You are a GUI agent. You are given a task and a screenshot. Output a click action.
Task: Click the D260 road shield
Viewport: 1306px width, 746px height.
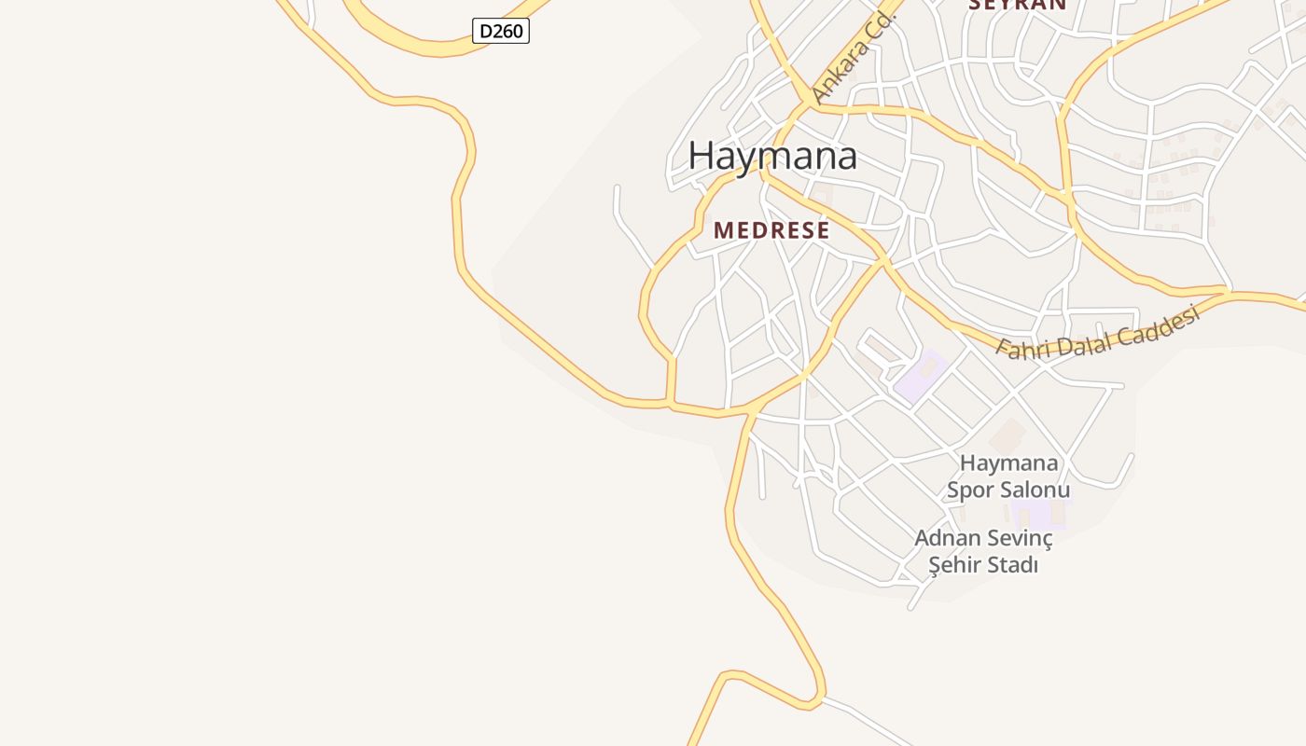501,31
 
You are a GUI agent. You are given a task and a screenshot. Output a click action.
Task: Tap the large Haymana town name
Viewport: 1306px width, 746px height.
772,156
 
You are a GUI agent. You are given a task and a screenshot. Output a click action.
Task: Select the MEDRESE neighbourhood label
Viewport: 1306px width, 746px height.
771,230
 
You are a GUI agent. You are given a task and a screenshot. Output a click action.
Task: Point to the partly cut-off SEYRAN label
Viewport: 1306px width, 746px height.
1017,5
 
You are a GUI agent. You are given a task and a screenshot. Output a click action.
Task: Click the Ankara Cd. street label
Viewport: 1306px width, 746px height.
853,59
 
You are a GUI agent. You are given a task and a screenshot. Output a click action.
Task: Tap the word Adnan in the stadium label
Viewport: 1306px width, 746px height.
946,538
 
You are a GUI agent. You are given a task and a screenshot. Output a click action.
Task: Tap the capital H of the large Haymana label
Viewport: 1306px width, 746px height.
701,156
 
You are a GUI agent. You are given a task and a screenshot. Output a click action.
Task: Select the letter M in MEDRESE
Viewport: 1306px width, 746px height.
723,230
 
